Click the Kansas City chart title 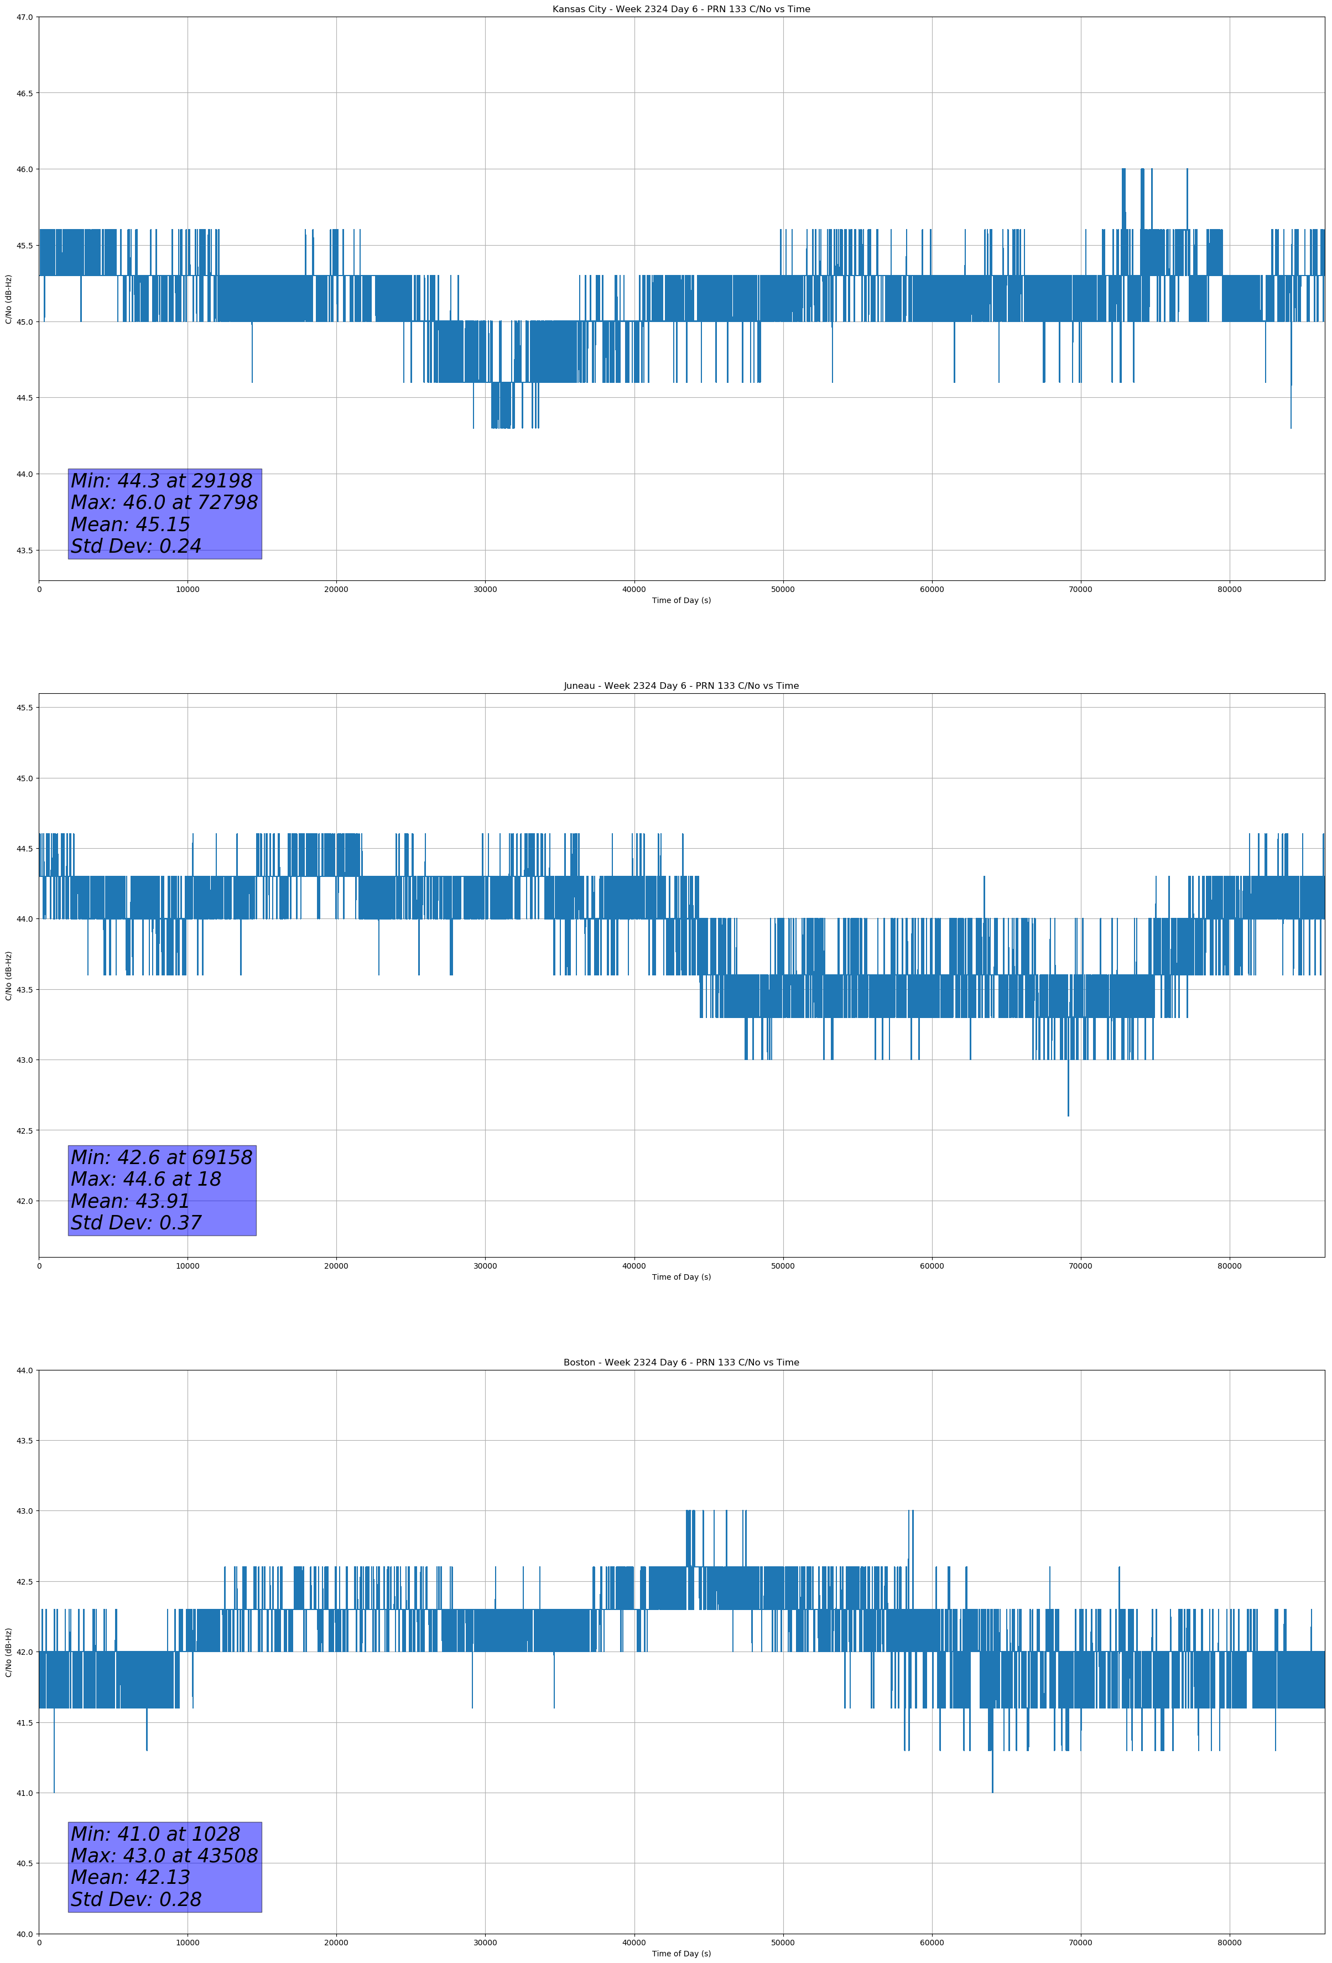(x=681, y=9)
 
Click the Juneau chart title (x=681, y=686)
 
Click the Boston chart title (x=681, y=1363)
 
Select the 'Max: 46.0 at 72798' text (x=164, y=502)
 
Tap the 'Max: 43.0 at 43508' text (x=164, y=1856)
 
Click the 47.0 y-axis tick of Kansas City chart (x=24, y=17)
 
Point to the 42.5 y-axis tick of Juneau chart (x=24, y=1130)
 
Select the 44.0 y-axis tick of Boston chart (x=24, y=1370)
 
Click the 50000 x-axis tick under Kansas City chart (x=782, y=590)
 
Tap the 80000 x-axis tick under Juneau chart (x=1229, y=1266)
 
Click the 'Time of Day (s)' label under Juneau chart (x=681, y=1277)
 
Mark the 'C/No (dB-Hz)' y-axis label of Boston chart (x=8, y=1652)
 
